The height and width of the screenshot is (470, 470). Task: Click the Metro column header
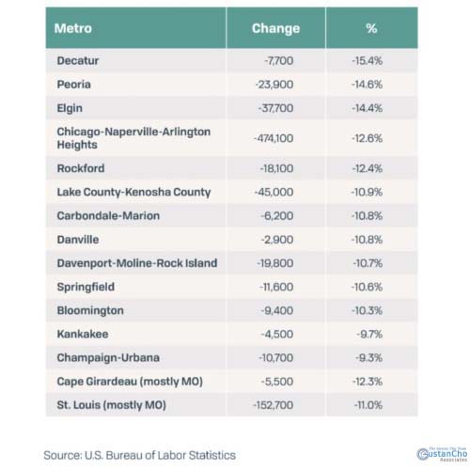(74, 28)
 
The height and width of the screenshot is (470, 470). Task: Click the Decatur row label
(79, 60)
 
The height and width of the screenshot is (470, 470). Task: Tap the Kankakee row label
(83, 335)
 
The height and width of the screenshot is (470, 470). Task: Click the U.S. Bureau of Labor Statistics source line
(139, 455)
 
